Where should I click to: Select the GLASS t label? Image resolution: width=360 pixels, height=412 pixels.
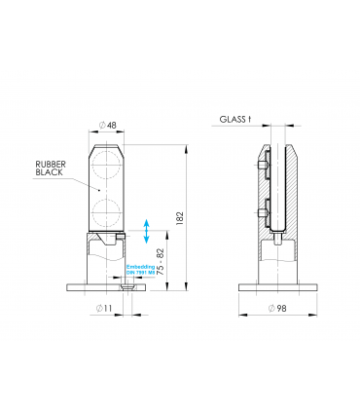[234, 120]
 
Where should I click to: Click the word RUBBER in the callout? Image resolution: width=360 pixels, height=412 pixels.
[50, 164]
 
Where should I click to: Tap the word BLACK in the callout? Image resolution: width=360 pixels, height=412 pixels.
[49, 173]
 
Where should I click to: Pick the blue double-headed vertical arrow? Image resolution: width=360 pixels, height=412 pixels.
[146, 232]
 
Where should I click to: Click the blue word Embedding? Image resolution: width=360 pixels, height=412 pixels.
[140, 265]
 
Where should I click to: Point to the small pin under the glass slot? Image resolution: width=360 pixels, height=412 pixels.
[278, 235]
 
